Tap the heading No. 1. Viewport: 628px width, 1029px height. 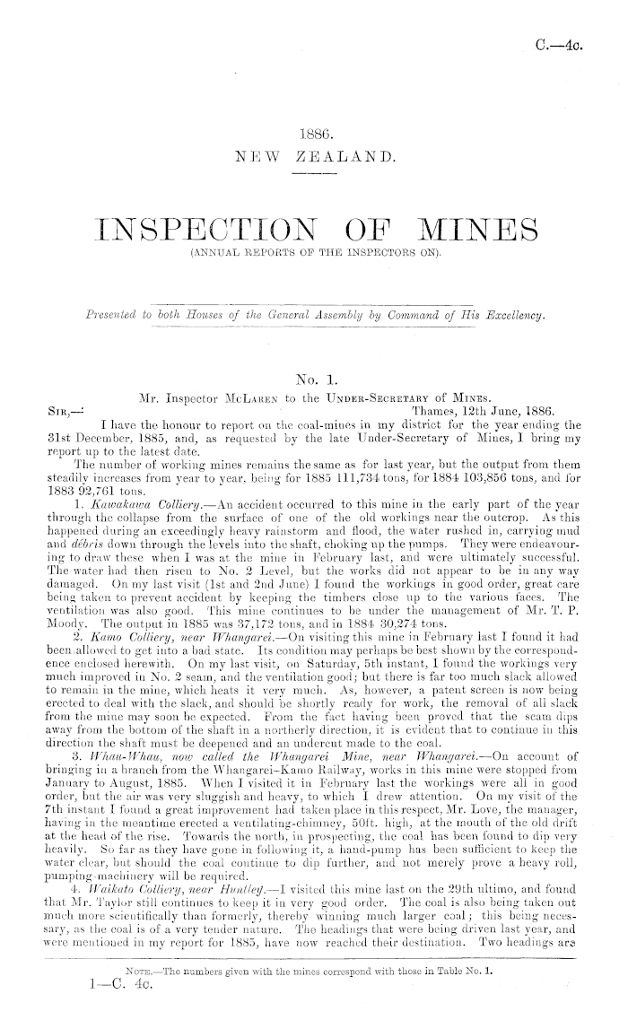[313, 379]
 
